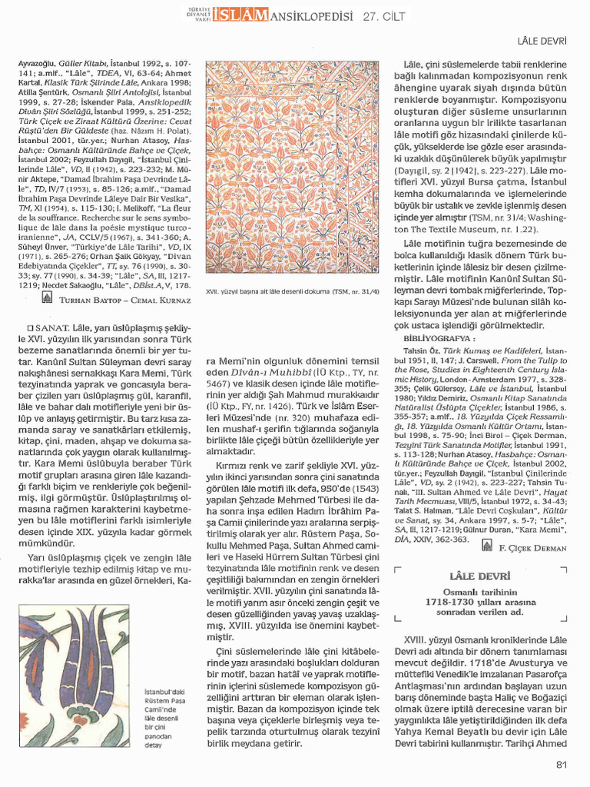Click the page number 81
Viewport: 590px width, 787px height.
click(560, 764)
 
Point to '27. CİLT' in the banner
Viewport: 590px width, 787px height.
click(386, 14)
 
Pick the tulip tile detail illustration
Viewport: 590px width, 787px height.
click(76, 676)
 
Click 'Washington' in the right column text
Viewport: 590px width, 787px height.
click(543, 218)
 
